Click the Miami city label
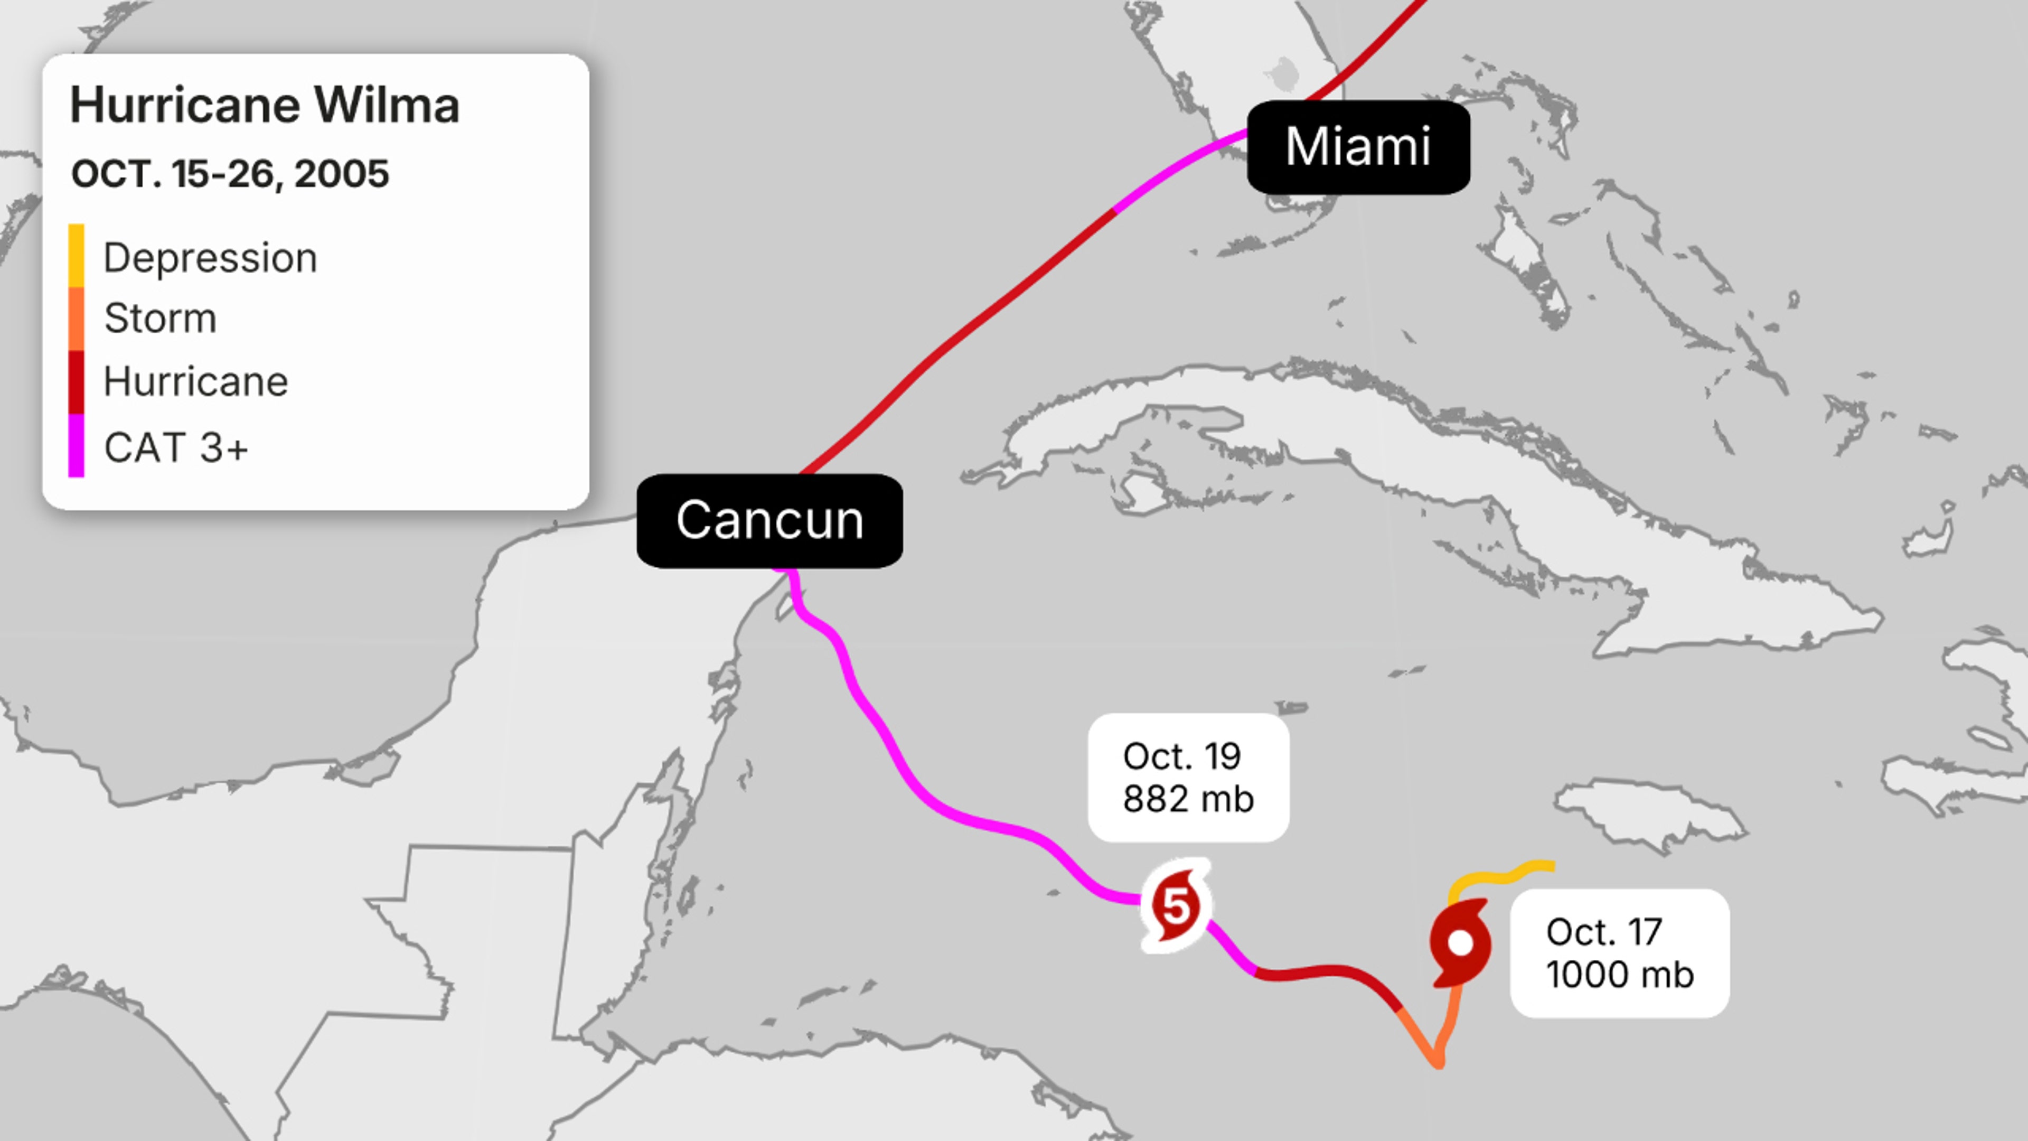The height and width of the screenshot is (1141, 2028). [x=1358, y=147]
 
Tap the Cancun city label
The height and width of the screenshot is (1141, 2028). [x=769, y=520]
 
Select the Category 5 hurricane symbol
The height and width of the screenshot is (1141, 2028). [x=1176, y=905]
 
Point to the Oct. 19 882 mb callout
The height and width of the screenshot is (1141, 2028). [x=1188, y=777]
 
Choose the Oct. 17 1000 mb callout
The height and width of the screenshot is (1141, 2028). [x=1619, y=953]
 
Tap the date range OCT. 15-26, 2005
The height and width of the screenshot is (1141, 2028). [x=230, y=174]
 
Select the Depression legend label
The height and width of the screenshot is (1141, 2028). [x=210, y=257]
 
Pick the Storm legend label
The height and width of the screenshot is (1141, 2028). [x=160, y=318]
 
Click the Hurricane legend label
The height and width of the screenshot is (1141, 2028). [x=196, y=382]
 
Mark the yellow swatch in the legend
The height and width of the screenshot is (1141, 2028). [x=77, y=256]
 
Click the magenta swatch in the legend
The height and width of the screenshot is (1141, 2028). [x=77, y=446]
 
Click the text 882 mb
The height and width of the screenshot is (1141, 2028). [x=1188, y=799]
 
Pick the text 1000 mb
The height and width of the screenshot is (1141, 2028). [x=1619, y=975]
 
